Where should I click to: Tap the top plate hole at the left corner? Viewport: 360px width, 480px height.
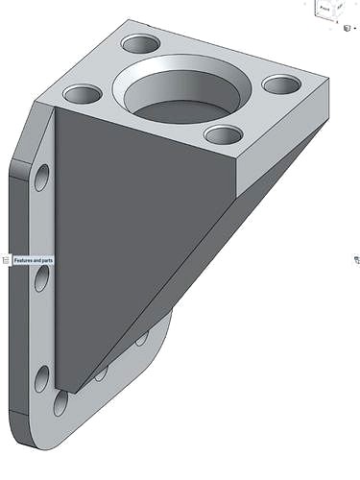(x=83, y=95)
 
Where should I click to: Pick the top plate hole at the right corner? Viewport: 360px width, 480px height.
(x=280, y=84)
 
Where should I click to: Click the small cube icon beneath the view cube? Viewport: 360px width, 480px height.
(x=347, y=29)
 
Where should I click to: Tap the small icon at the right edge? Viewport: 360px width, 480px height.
(x=356, y=260)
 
